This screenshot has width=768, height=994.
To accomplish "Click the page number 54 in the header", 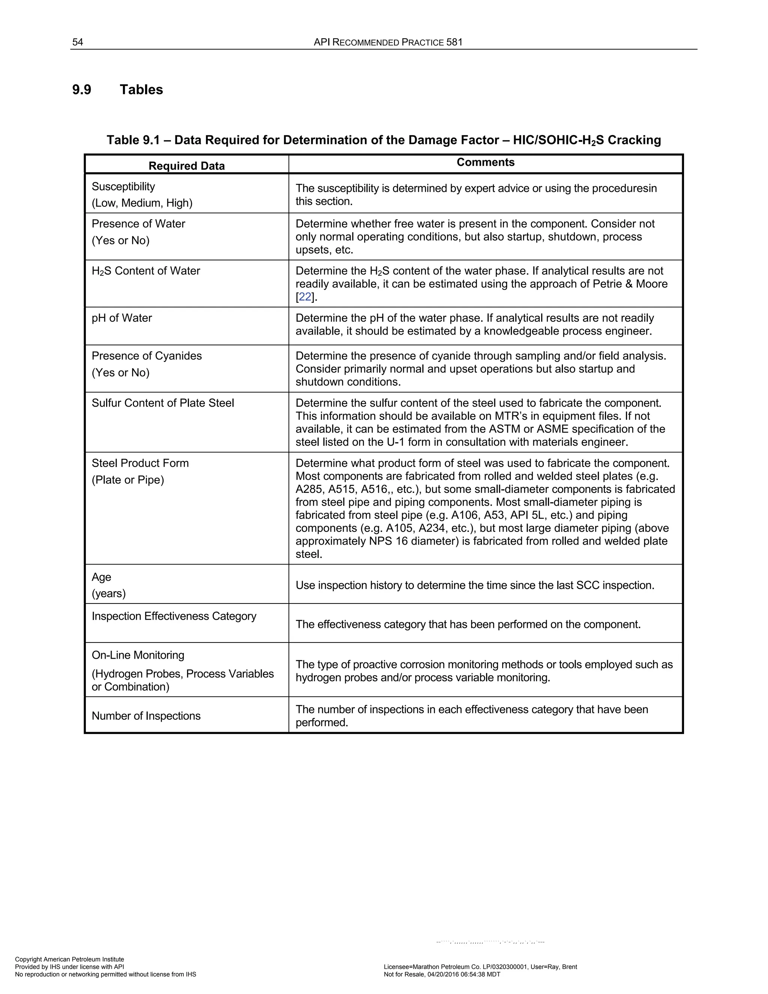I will click(x=77, y=42).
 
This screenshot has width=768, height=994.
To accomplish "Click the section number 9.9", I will click(x=81, y=90).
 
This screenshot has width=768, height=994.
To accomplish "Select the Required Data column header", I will click(x=186, y=166).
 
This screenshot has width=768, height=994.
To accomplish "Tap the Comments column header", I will click(x=486, y=162).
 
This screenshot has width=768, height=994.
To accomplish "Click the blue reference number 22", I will click(x=305, y=297).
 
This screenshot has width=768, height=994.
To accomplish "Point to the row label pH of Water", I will click(x=122, y=318).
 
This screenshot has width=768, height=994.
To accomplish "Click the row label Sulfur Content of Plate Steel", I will click(x=163, y=403).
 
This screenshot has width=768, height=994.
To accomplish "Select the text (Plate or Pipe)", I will click(x=128, y=480).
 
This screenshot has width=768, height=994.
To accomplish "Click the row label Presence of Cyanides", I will click(x=147, y=356).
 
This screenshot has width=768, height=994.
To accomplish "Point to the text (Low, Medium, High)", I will click(x=142, y=203).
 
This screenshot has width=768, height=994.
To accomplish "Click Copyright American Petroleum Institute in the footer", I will click(x=70, y=959).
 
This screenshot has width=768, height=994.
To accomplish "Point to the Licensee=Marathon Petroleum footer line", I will click(x=480, y=967).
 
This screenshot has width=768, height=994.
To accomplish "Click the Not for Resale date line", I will click(x=442, y=974).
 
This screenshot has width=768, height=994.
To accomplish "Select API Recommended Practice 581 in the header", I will click(x=388, y=42).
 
